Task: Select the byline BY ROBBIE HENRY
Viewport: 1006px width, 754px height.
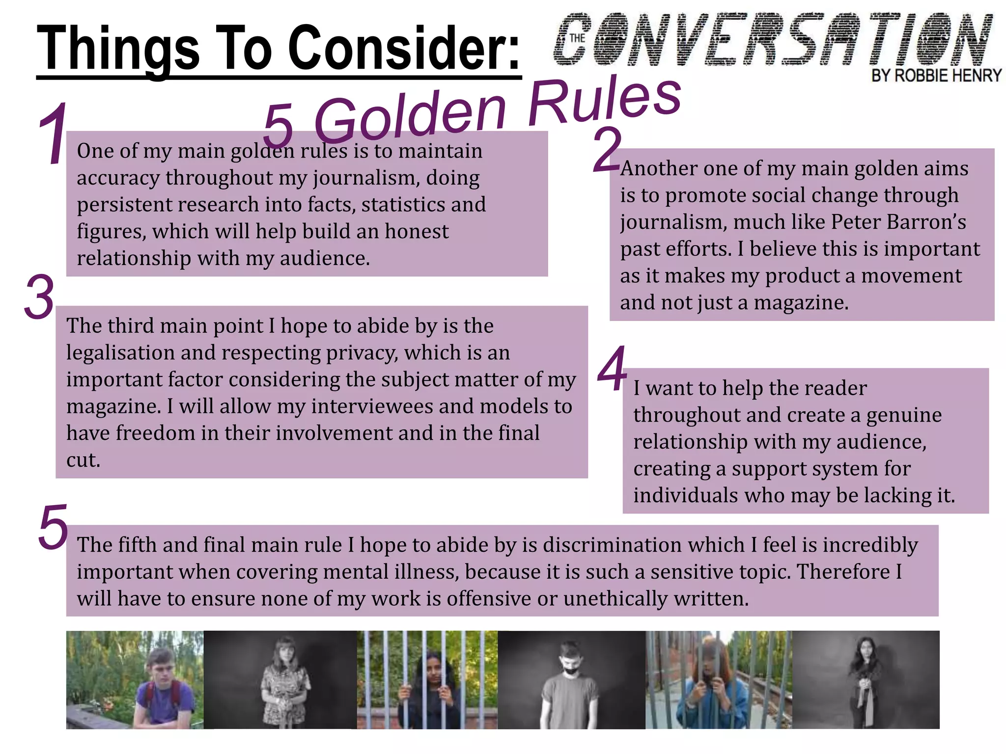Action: pos(936,76)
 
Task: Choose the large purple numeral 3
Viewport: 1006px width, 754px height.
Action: pos(39,297)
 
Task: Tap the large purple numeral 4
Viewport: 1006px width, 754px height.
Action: pos(613,369)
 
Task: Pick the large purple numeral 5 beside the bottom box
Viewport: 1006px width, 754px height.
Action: pos(53,527)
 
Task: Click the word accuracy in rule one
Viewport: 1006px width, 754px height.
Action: pos(118,178)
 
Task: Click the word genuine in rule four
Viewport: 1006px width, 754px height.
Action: pos(904,415)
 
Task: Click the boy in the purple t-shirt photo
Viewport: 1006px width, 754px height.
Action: pos(135,680)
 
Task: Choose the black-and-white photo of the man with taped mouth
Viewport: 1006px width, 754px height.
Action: pos(571,680)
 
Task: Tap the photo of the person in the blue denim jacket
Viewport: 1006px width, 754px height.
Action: pos(718,680)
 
